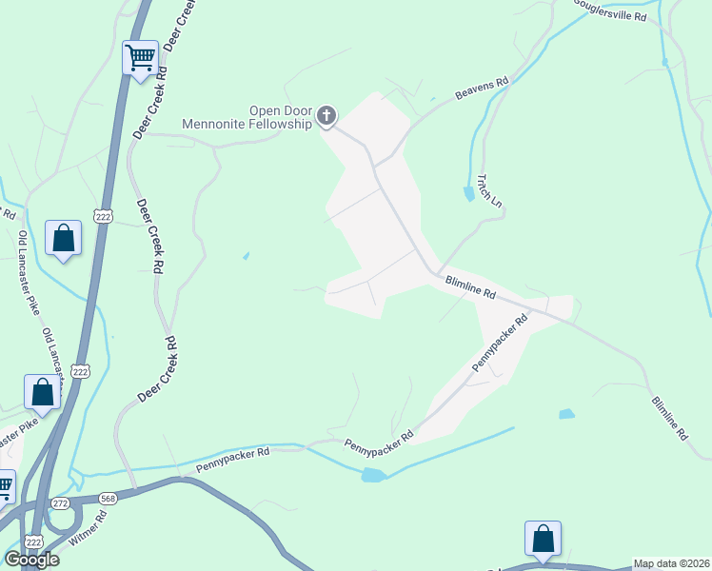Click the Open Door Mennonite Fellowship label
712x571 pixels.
coord(247,117)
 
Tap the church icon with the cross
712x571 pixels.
coord(326,116)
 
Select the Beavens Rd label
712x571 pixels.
coord(482,89)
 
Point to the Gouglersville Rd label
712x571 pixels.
coord(611,10)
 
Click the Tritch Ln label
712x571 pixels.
coord(489,190)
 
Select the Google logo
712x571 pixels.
coord(32,560)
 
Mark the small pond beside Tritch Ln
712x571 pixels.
coord(468,194)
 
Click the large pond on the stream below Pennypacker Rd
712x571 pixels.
coord(372,474)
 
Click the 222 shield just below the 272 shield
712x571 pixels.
coord(35,541)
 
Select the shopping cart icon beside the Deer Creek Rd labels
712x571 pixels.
coord(141,58)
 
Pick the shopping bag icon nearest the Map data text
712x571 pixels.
coord(543,538)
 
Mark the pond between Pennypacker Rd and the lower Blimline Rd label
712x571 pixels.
coord(566,414)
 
